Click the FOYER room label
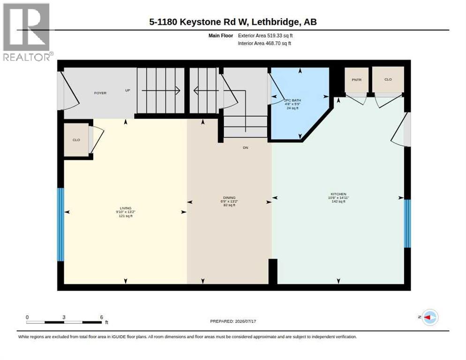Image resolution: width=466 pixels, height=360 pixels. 100,93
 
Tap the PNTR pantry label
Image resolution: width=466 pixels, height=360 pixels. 356,80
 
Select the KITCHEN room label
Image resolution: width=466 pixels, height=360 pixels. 338,194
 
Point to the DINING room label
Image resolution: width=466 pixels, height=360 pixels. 229,198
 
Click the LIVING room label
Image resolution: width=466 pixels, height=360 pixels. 126,209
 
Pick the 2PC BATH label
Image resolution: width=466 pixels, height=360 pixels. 293,100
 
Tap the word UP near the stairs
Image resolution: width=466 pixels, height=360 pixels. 128,90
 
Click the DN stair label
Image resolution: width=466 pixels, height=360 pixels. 246,148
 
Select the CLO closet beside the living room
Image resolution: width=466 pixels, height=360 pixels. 76,140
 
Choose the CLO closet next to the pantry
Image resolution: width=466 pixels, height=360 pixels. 388,79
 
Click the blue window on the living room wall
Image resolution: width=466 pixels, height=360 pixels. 60,225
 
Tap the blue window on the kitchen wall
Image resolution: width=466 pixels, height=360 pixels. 407,224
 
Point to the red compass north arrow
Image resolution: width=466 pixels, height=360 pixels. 427,317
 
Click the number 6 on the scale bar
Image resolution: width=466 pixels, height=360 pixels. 101,317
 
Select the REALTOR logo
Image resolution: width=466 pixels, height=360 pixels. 28,32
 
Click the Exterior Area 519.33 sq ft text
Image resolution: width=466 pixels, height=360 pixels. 265,36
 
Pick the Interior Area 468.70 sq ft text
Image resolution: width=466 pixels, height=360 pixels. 264,44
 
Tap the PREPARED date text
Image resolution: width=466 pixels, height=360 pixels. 233,322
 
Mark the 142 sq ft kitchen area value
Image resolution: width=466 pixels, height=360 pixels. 338,202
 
